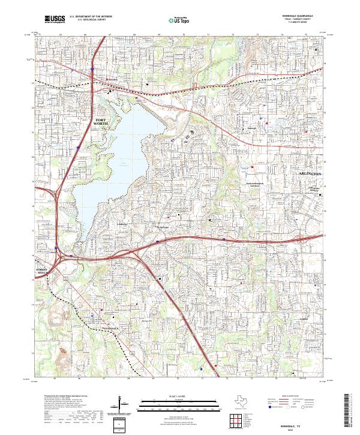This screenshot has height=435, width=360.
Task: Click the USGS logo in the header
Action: (x=55, y=20)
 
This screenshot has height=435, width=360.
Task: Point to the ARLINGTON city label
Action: (x=310, y=173)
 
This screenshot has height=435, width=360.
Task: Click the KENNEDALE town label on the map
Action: (x=110, y=328)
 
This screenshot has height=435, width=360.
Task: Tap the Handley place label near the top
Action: (x=113, y=79)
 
